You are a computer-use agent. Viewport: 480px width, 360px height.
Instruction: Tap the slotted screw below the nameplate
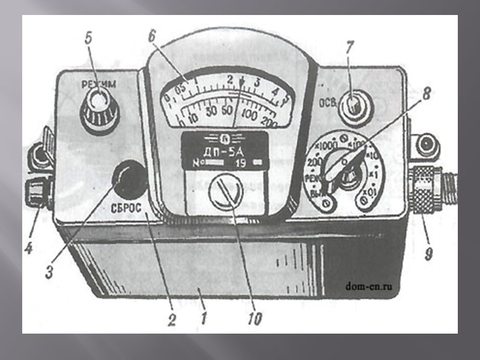coord(226,193)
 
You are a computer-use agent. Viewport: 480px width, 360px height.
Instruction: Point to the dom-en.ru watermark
coord(373,286)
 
